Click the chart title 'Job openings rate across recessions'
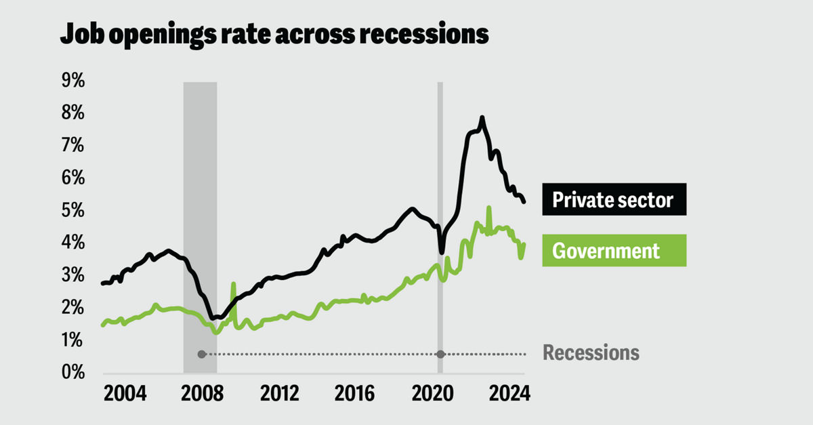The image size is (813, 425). tap(274, 34)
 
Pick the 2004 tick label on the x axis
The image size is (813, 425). tap(125, 394)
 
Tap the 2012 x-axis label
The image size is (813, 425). tap(280, 394)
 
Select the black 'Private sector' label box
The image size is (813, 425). tap(614, 199)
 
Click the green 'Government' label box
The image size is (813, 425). tap(614, 251)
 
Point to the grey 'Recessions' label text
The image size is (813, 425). tap(591, 353)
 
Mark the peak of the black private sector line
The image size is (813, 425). tap(482, 119)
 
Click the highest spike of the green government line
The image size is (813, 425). tap(488, 207)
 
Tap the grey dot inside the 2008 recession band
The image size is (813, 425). tap(201, 354)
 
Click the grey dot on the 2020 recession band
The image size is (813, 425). tap(440, 354)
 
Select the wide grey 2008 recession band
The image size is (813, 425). tap(200, 203)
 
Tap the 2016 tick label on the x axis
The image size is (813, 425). tap(358, 394)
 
